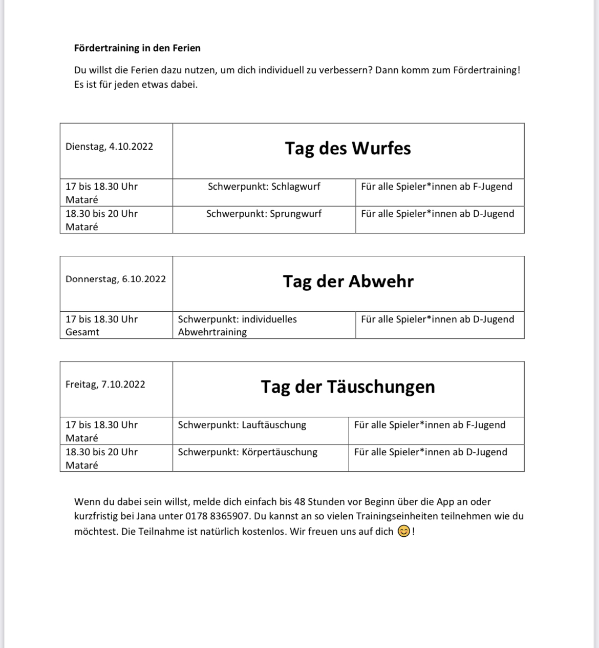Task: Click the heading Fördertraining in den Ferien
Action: coord(137,48)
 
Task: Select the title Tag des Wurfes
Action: coord(348,149)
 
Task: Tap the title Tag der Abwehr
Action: coord(348,281)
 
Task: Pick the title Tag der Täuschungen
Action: coord(348,387)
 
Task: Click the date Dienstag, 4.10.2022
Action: coord(109,147)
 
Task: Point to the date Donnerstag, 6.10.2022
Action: coord(116,279)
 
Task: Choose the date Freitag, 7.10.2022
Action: coord(105,384)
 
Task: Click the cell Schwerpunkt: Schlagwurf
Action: coord(264,187)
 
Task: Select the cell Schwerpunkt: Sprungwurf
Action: coord(264,214)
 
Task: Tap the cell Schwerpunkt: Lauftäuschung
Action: coord(242,425)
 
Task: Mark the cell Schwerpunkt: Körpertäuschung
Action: coord(248,452)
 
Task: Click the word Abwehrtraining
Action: coord(212,332)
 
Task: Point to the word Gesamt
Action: coord(82,332)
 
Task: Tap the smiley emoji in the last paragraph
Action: coord(403,532)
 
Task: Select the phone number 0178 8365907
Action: coord(218,516)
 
